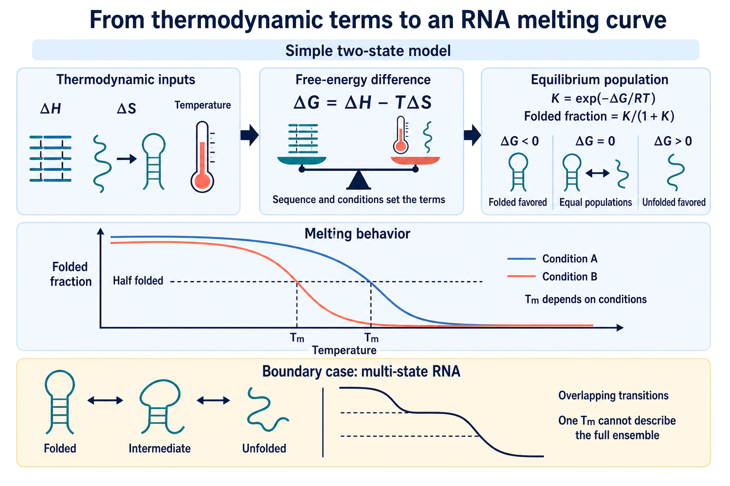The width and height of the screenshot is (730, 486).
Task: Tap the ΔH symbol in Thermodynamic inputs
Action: pyautogui.click(x=50, y=108)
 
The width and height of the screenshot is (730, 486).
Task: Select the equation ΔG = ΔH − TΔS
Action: pyautogui.click(x=363, y=103)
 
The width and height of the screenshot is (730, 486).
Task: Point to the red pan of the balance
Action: pyautogui.click(x=415, y=160)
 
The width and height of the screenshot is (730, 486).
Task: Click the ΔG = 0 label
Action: pyautogui.click(x=595, y=141)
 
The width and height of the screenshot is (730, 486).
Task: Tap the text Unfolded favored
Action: pyautogui.click(x=673, y=202)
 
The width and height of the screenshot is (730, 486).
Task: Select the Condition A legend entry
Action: pyautogui.click(x=552, y=259)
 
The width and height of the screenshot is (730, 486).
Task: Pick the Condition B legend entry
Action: pyautogui.click(x=552, y=277)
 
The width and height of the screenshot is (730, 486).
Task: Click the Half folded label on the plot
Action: pyautogui.click(x=138, y=280)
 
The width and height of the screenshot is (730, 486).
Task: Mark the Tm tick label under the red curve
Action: pyautogui.click(x=297, y=338)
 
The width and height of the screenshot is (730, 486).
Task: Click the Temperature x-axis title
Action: pyautogui.click(x=344, y=350)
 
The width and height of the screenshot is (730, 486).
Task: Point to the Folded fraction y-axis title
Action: pyautogui.click(x=70, y=274)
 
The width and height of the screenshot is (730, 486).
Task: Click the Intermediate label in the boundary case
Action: pyautogui.click(x=159, y=449)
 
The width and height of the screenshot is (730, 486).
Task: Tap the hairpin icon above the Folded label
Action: pyautogui.click(x=60, y=402)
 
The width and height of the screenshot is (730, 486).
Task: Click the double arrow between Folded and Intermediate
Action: pyautogui.click(x=105, y=400)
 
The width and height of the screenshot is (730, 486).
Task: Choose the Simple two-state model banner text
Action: pyautogui.click(x=368, y=51)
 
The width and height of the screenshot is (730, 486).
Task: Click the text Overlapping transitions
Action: pyautogui.click(x=614, y=395)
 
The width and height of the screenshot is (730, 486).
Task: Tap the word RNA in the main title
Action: pyautogui.click(x=485, y=20)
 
